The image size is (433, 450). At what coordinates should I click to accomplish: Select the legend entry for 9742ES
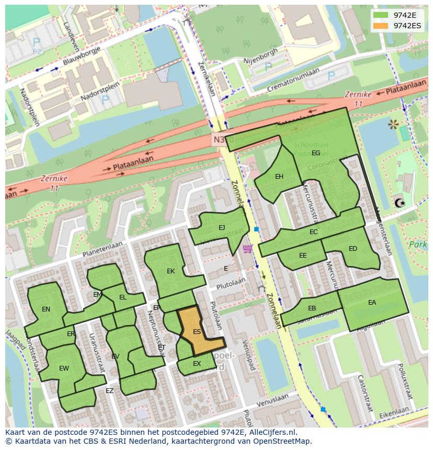coord(407,26)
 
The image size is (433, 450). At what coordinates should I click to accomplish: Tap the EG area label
coord(316,153)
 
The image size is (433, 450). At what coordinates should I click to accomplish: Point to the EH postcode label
coord(279,177)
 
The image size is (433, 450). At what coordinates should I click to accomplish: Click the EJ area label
coord(222,227)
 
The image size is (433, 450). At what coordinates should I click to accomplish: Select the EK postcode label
coord(170,271)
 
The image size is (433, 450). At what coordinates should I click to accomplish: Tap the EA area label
coord(372,303)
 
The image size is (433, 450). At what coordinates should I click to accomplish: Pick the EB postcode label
coord(312,308)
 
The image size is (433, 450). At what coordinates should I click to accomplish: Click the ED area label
coord(353,249)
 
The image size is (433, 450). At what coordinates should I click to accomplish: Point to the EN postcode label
coord(46,309)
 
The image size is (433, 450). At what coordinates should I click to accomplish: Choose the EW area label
coord(64,368)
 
